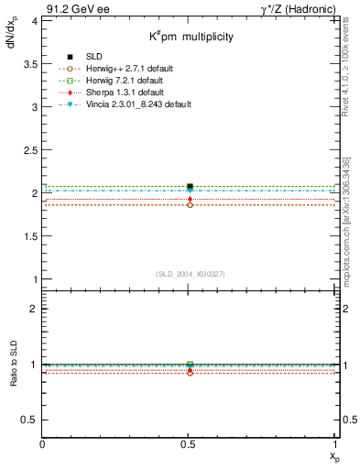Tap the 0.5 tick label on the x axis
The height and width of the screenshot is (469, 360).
[x=190, y=444]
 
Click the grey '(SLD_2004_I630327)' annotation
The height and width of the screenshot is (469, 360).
[x=190, y=273]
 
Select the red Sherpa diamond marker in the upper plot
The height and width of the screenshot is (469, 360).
[x=190, y=199]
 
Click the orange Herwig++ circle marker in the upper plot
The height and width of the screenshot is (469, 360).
[x=190, y=205]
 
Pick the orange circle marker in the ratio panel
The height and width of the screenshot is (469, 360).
[x=190, y=373]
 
